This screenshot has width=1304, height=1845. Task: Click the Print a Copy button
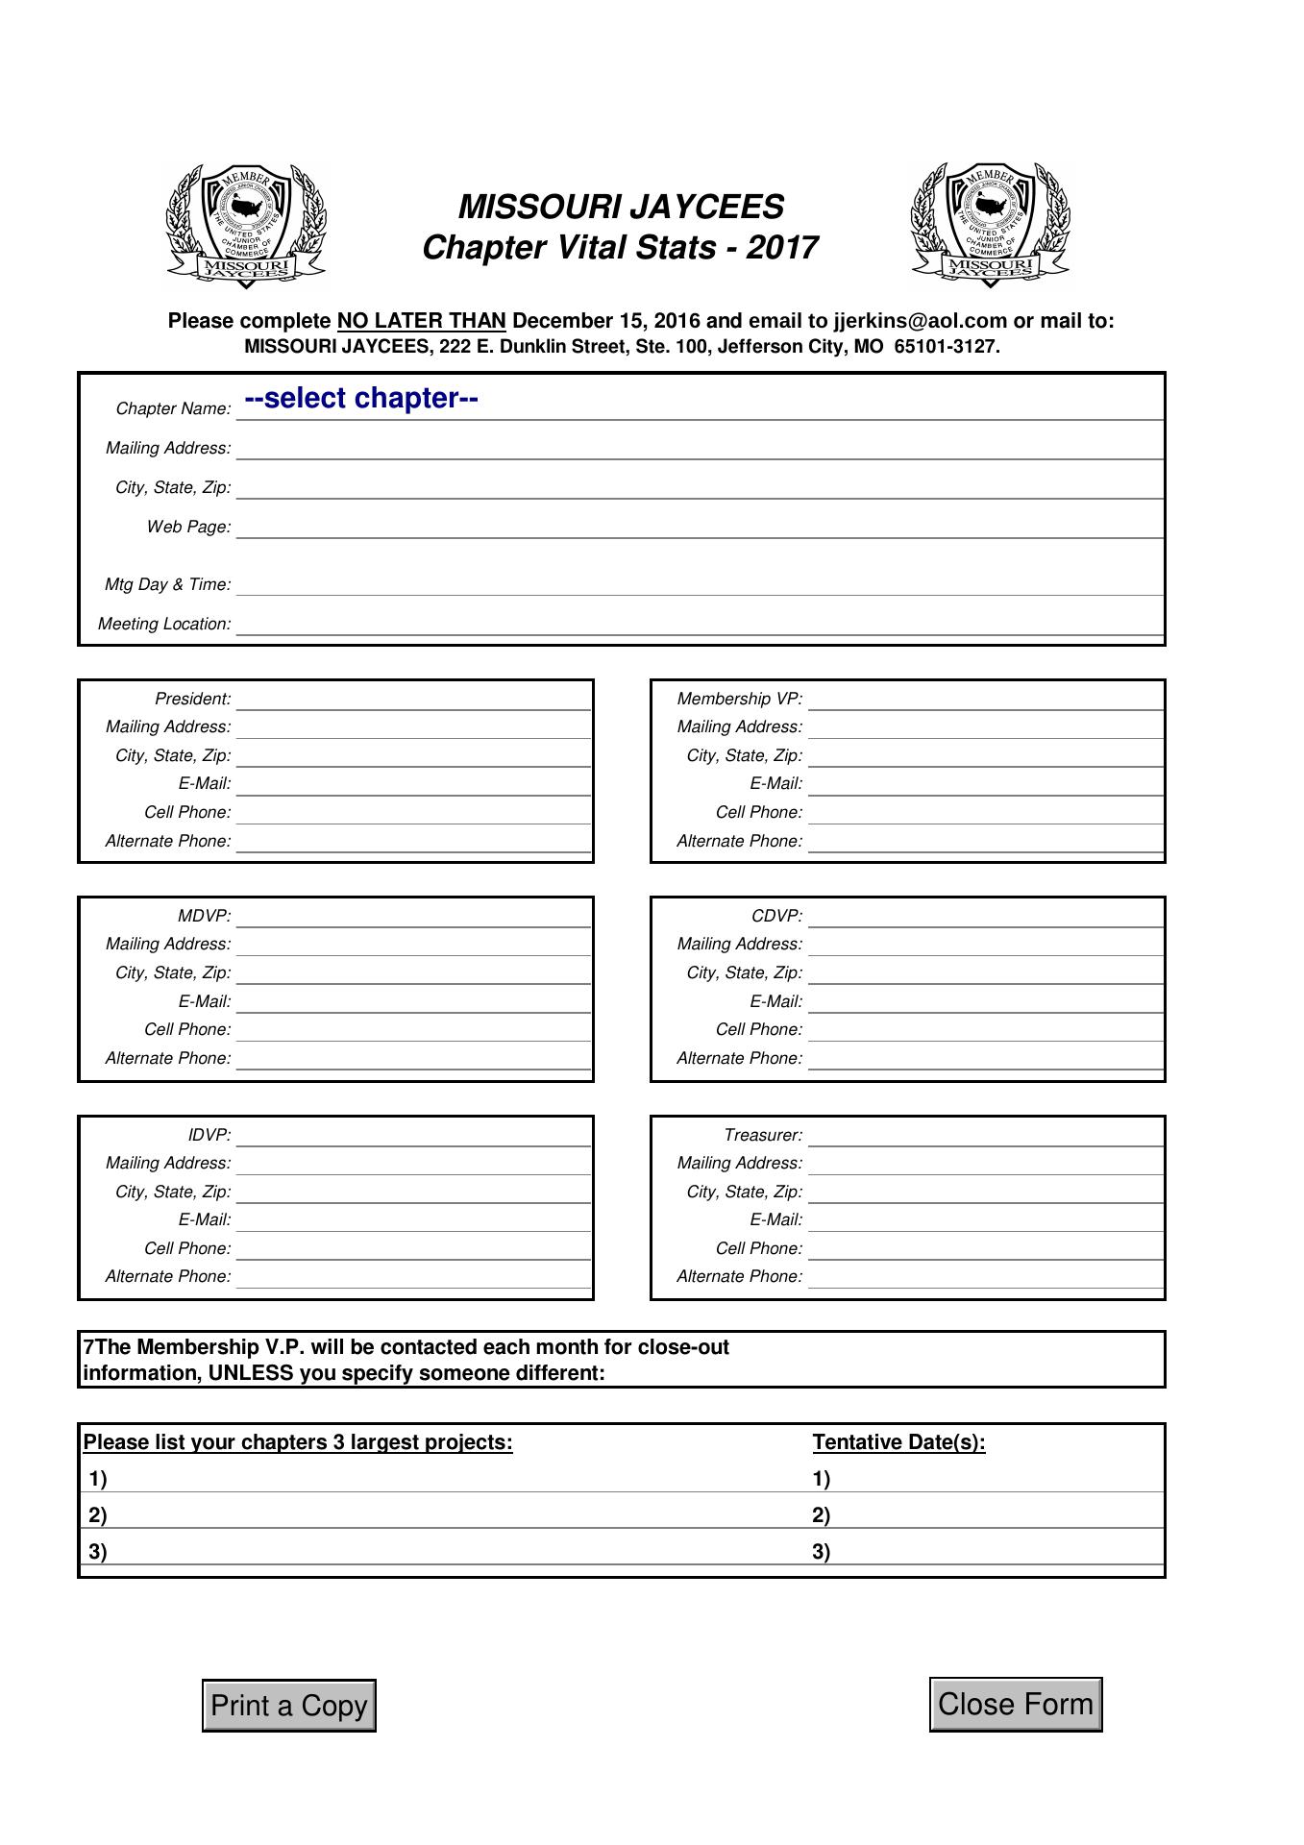point(288,1706)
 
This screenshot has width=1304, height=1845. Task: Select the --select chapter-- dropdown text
point(361,399)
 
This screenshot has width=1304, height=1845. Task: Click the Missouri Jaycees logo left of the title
point(246,226)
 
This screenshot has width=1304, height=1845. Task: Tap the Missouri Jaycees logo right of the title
point(990,226)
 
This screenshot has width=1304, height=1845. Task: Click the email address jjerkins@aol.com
point(920,321)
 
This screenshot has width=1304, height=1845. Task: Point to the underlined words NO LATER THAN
point(421,321)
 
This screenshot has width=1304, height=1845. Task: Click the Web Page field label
point(188,527)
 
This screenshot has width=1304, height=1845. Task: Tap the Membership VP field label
point(739,699)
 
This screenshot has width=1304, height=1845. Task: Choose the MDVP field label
point(204,916)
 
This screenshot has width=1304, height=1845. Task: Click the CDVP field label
point(776,916)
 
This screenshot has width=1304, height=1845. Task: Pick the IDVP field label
point(209,1135)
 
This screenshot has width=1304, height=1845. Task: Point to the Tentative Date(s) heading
point(898,1442)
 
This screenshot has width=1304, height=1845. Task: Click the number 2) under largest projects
point(98,1515)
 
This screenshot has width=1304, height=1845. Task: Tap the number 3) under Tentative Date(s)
point(822,1552)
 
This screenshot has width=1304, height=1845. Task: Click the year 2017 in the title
point(781,248)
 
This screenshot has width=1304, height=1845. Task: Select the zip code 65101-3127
point(946,347)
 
